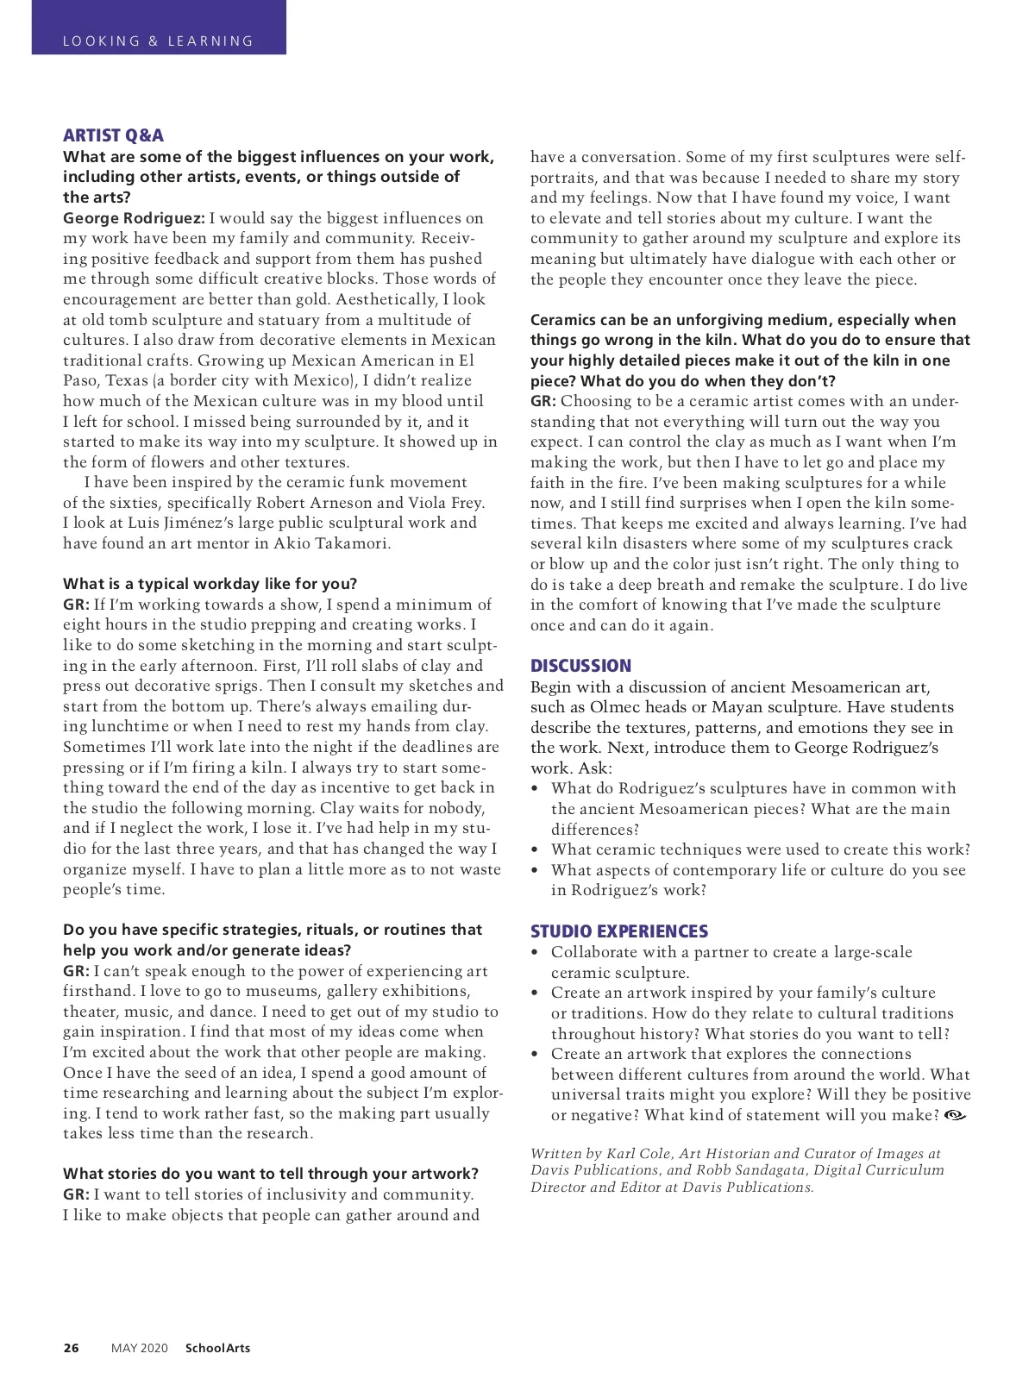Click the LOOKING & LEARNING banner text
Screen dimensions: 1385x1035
click(158, 41)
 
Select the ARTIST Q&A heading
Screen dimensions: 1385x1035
click(113, 135)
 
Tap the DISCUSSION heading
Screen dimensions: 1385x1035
click(580, 666)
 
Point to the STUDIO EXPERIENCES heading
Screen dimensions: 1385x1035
click(618, 931)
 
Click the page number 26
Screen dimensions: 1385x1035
click(71, 1348)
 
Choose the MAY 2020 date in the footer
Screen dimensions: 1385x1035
click(139, 1348)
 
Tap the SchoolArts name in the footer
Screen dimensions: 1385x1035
click(217, 1348)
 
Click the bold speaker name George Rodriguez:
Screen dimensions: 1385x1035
click(134, 218)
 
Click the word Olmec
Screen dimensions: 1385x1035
click(616, 707)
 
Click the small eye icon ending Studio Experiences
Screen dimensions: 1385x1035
click(955, 1115)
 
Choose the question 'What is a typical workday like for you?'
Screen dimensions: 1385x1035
click(210, 584)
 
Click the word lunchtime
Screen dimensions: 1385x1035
click(133, 727)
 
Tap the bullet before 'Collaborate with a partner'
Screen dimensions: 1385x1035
click(536, 953)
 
